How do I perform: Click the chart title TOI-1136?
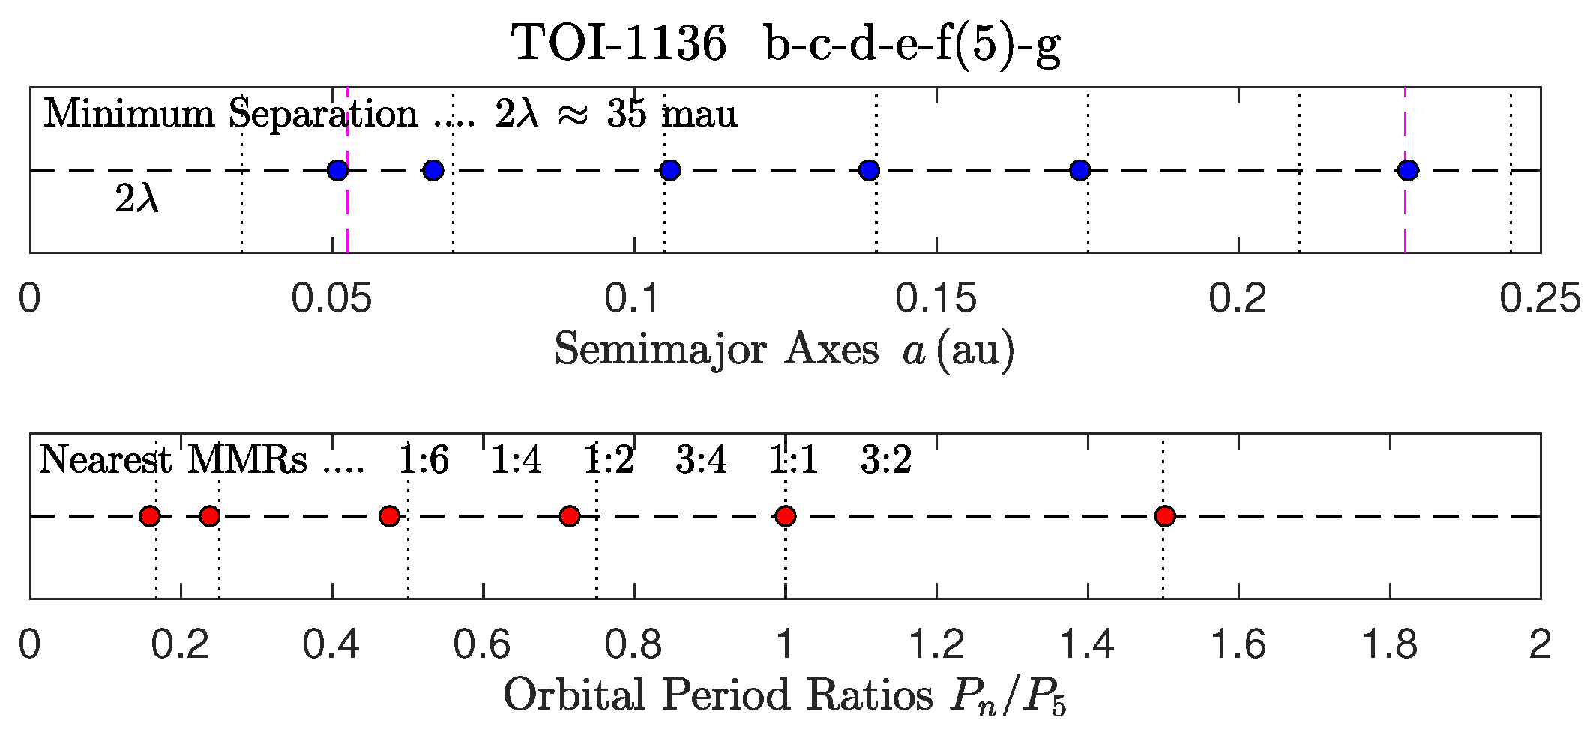point(619,43)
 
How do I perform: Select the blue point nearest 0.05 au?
point(338,170)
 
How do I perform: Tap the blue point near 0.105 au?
point(670,170)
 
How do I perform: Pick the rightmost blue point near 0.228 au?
point(1409,170)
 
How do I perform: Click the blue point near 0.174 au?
point(1079,170)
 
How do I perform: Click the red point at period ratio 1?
point(785,516)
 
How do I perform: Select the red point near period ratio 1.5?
point(1165,516)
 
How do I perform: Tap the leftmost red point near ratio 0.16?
point(151,516)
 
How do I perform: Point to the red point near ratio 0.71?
point(570,516)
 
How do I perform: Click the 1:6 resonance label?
point(424,459)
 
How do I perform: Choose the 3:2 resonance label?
point(886,459)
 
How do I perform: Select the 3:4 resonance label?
point(701,459)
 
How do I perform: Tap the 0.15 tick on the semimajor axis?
point(936,298)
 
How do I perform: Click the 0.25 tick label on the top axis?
point(1539,298)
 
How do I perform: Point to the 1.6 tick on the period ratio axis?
point(1238,644)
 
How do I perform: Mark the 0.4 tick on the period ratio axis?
point(331,644)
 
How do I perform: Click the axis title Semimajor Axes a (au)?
point(784,350)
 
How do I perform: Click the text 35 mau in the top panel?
point(672,115)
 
